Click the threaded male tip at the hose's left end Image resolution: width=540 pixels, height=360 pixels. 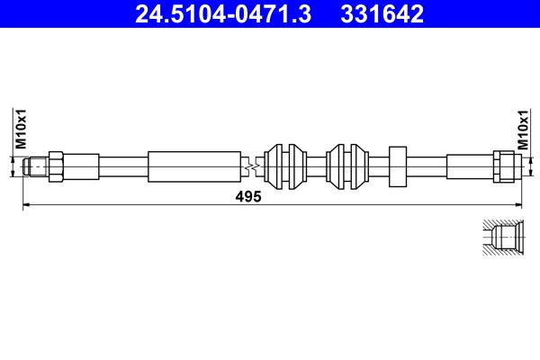pyautogui.click(x=35, y=166)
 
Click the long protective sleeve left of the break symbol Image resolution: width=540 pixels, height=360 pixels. pyautogui.click(x=194, y=166)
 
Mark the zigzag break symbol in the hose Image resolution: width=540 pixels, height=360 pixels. pyautogui.click(x=255, y=166)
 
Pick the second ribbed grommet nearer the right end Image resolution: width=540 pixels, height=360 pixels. pyautogui.click(x=346, y=166)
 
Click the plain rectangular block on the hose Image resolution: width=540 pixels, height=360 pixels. pyautogui.click(x=398, y=166)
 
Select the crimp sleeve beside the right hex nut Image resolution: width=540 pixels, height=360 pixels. pyautogui.click(x=468, y=166)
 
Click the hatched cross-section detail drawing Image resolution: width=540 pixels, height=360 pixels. pyautogui.click(x=500, y=238)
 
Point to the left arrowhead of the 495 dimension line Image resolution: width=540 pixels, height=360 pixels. pyautogui.click(x=26, y=206)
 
